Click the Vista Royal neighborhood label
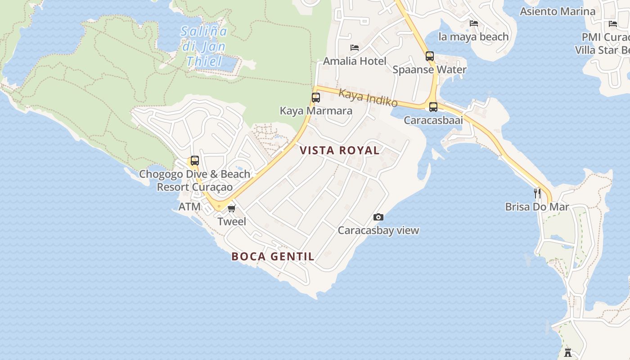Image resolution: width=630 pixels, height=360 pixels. pos(340,150)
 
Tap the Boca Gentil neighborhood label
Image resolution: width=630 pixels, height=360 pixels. pos(273,256)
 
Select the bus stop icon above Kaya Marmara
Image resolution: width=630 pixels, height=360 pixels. pos(316,97)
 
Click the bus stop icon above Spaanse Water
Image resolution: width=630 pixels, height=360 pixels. pos(430,56)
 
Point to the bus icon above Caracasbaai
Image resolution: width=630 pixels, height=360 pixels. pos(433,107)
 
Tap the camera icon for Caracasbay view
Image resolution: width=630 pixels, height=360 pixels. pos(378,217)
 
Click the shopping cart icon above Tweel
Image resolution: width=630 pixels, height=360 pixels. pos(232,208)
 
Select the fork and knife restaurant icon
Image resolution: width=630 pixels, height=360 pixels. pos(537,193)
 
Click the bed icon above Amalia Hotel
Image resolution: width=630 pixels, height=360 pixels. pos(355,48)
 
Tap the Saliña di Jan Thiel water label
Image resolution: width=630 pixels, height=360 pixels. pos(204,46)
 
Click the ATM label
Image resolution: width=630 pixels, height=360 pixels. pos(189,207)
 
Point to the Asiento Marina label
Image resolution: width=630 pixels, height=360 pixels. pos(558,11)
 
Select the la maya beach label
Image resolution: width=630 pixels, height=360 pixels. pos(473,36)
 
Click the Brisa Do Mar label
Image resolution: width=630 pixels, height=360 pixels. pos(537,207)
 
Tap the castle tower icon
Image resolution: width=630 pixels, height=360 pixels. pos(568,352)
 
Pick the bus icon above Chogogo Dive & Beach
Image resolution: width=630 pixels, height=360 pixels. pos(194,161)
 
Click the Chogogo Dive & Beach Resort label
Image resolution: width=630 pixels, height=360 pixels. pos(195,180)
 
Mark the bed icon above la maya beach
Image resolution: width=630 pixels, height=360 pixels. pos(473,23)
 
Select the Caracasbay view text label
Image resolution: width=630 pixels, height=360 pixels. pos(378,230)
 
